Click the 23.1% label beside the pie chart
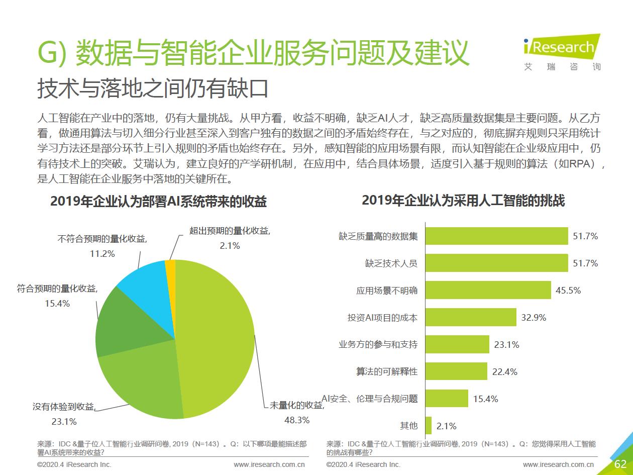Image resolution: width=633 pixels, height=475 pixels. pos(64,421)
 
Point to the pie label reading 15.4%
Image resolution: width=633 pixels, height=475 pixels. pos(57,304)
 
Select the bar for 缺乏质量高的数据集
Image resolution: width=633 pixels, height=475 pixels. pos(496,236)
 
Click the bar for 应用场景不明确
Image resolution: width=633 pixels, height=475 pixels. pos(488,290)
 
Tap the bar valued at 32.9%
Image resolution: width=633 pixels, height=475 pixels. pos(471,317)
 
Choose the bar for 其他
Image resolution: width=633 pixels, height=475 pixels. pos(429,426)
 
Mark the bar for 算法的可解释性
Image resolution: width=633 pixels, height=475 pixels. pos(456,371)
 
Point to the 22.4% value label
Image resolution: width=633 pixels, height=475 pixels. pos(505,372)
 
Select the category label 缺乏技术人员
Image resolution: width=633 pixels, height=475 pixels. pos(391,263)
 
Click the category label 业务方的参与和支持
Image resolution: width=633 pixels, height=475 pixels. pos(378,345)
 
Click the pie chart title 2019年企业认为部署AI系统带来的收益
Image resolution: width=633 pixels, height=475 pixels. pos(158,202)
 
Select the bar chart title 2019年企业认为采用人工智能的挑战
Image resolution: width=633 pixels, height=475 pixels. pos(463,201)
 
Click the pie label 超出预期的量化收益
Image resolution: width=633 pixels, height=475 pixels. pos(230,231)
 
